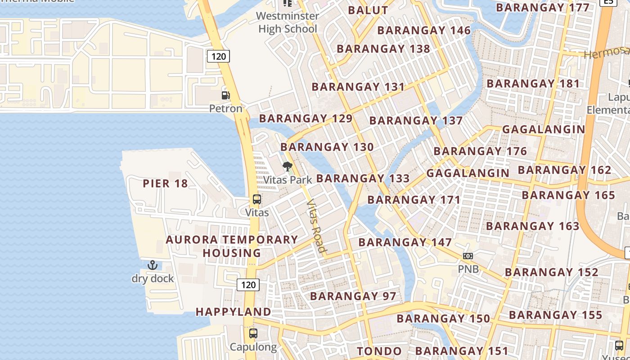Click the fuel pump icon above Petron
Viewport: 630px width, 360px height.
coord(225,95)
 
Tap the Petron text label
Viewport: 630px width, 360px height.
coord(225,108)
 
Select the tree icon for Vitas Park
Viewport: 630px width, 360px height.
coord(288,167)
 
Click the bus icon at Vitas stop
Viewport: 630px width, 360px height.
coord(257,199)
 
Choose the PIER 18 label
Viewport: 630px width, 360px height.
coord(165,184)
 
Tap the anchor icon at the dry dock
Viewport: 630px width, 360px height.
coord(152,265)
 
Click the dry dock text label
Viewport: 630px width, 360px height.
coord(153,279)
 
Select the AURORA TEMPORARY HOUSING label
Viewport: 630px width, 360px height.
coord(232,246)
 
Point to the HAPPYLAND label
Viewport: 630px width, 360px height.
coord(233,312)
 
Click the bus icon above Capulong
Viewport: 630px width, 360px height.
coord(253,333)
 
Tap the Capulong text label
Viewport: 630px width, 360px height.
coord(253,347)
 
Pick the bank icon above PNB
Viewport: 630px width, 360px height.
coord(468,256)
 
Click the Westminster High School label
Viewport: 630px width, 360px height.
coord(288,22)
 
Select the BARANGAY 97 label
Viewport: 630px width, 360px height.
coord(353,296)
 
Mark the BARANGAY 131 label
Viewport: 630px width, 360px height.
coord(358,87)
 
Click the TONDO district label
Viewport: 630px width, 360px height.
coord(379,351)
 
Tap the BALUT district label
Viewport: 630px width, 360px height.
coord(368,10)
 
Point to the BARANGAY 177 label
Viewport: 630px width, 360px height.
coord(543,8)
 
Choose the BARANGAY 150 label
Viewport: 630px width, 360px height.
coord(443,319)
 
